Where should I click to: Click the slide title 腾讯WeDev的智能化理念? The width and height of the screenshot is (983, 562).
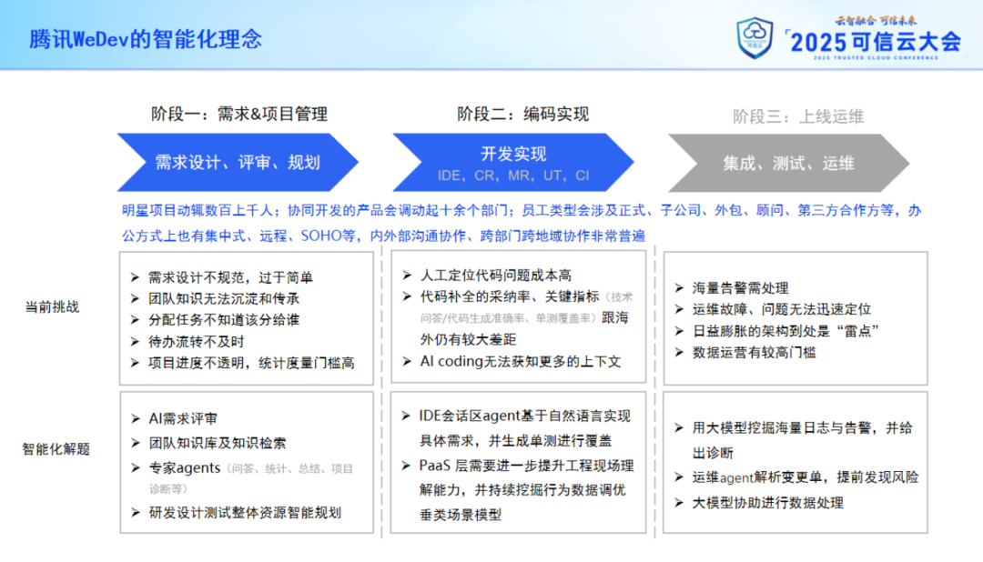point(146,39)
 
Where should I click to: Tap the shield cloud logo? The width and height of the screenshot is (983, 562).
point(755,38)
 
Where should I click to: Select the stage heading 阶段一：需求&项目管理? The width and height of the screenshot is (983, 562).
point(238,114)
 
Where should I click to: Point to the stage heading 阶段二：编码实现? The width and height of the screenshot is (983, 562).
point(522,114)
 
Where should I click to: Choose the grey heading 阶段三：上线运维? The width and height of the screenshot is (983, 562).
point(798,116)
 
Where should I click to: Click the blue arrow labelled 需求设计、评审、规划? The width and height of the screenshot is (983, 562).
point(238,162)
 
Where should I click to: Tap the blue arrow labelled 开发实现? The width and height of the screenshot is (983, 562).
point(513,162)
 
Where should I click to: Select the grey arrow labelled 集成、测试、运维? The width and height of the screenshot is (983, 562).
point(788,163)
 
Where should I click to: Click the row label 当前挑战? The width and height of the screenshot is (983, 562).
point(52,307)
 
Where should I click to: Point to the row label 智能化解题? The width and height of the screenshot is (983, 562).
point(56,449)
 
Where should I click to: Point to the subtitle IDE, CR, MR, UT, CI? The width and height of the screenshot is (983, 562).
point(513,176)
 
